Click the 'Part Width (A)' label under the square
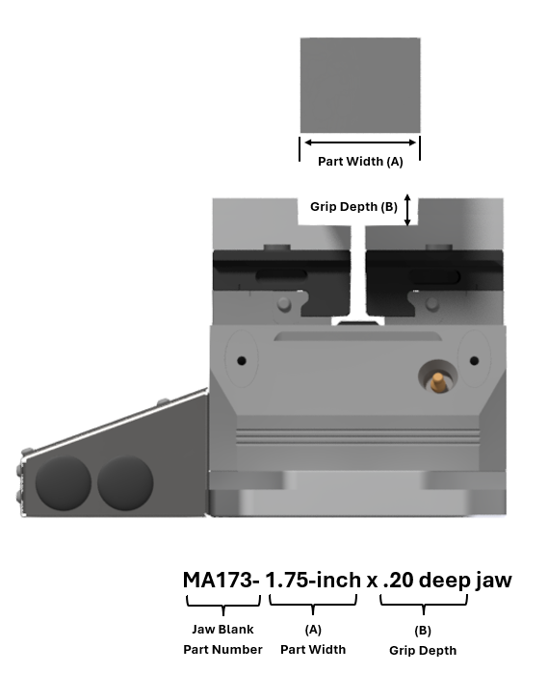(360, 162)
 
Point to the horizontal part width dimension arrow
(360, 142)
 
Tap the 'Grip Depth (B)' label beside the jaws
(353, 207)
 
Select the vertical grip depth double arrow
(407, 210)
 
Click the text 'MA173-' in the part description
(222, 581)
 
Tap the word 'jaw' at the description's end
(491, 581)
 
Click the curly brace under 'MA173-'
(223, 605)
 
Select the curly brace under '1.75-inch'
(313, 605)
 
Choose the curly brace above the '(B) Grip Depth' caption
(424, 605)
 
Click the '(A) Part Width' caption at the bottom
(313, 639)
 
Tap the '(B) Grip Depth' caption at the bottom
(423, 640)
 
